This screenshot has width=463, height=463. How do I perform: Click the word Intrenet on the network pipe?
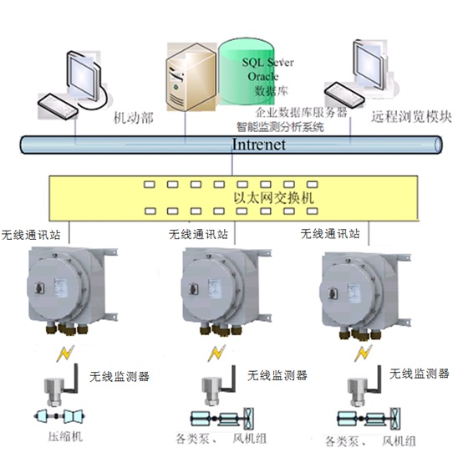[259, 145]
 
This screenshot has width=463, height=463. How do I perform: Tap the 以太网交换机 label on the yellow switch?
[274, 198]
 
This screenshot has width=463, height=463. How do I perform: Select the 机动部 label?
[134, 118]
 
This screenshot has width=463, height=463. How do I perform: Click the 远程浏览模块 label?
[411, 117]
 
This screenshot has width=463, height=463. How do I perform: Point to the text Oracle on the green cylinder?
[262, 77]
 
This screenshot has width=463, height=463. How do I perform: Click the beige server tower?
[191, 77]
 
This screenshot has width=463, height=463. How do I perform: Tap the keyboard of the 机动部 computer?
[58, 106]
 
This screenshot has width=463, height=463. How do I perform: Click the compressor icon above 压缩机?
[59, 416]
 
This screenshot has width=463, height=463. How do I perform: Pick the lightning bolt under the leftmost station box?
[65, 354]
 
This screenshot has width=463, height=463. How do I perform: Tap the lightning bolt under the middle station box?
[216, 354]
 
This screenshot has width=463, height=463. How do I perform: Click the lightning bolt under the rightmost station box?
[364, 354]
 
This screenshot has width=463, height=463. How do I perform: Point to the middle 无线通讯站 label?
[198, 235]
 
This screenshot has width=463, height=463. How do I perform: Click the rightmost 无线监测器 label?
[420, 374]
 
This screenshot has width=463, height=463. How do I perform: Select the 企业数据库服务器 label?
[301, 112]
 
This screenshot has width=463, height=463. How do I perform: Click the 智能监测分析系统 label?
[280, 127]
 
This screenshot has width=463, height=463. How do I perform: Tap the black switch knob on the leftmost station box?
[39, 287]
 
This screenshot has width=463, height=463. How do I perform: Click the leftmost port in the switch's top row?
[150, 185]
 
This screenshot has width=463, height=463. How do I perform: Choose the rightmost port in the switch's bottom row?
[312, 211]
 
